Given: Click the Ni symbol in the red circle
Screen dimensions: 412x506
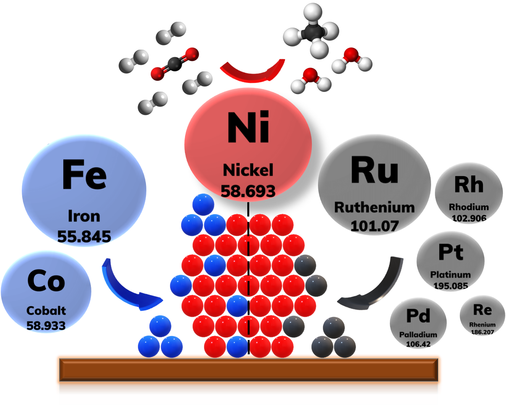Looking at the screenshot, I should click(248, 128).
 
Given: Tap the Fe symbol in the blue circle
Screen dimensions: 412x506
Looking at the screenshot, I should click(84, 174).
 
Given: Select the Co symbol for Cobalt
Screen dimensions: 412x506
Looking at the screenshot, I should click(46, 281).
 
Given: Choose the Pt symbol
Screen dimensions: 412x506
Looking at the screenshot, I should click(451, 252).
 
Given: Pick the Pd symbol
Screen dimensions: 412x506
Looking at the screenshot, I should click(418, 316).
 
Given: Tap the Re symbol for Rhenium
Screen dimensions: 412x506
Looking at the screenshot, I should click(482, 310).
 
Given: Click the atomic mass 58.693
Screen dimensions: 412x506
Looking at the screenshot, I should click(248, 191).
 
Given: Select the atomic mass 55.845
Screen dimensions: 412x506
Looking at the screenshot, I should click(84, 237).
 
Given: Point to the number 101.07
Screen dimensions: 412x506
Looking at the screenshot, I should click(375, 226).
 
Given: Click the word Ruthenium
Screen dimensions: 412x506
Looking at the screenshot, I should click(375, 207).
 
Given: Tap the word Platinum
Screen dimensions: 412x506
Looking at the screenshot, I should click(451, 275).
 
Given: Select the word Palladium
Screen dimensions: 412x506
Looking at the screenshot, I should click(418, 334).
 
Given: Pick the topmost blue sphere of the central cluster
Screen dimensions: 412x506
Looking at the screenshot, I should click(203, 204).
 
